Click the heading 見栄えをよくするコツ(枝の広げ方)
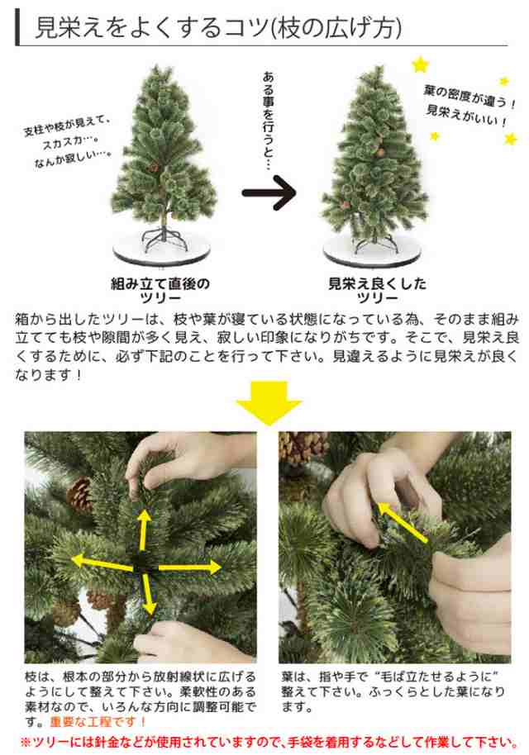tap(218, 28)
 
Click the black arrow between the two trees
tap(269, 192)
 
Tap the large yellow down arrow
tap(269, 403)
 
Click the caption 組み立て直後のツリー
tap(160, 290)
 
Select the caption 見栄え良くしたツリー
tap(377, 290)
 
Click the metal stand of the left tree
tap(164, 238)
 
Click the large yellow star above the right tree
tap(420, 65)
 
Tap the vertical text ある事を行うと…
tap(269, 121)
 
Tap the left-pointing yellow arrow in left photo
tap(102, 563)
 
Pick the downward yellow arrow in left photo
tap(148, 594)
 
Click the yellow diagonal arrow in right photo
tap(402, 523)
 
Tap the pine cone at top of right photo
tap(303, 448)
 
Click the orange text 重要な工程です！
tap(98, 722)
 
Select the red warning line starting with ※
tap(269, 742)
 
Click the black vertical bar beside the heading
tap(18, 28)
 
